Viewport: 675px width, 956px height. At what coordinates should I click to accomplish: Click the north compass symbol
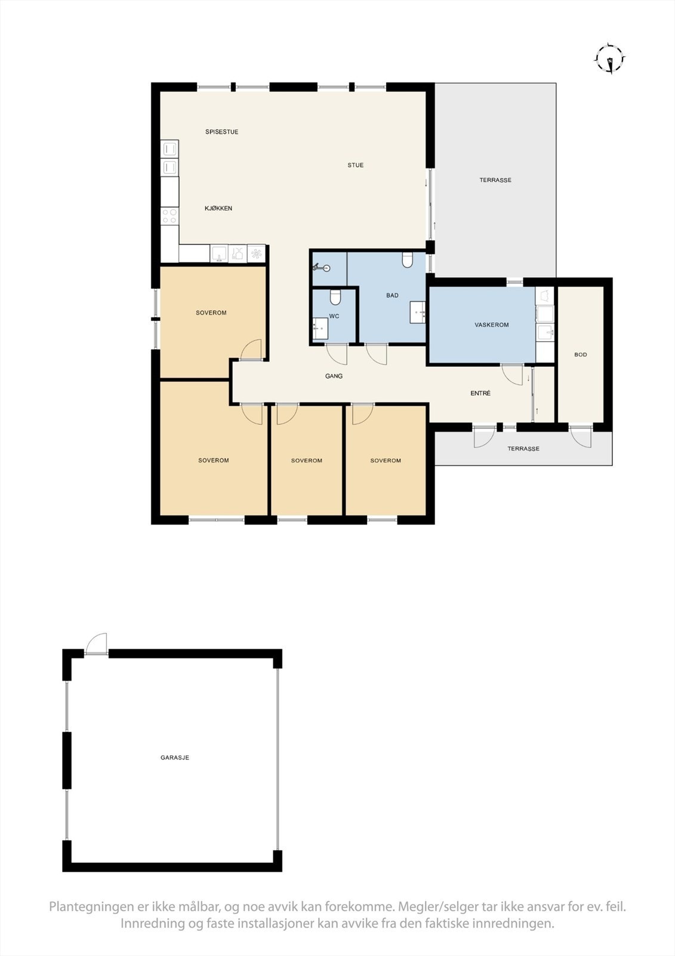click(x=610, y=59)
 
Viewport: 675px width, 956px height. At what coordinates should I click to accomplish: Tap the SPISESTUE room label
click(x=222, y=132)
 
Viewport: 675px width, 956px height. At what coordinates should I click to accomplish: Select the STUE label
click(x=356, y=166)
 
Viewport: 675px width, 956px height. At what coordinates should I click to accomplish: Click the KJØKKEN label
click(x=218, y=209)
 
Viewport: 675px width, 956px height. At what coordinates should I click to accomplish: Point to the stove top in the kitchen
click(x=169, y=216)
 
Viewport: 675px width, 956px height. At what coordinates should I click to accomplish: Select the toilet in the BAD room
click(x=408, y=259)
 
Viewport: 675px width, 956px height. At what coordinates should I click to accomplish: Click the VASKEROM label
click(x=492, y=325)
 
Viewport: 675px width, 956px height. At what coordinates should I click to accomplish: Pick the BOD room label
click(x=581, y=355)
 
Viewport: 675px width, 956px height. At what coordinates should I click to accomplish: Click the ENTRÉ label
click(x=480, y=393)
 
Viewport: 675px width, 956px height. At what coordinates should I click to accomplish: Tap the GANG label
click(x=334, y=376)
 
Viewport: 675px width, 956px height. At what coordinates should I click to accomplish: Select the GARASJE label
click(x=175, y=758)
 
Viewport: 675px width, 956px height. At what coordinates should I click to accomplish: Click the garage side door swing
click(x=97, y=644)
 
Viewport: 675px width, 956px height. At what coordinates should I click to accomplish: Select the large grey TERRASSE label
click(x=495, y=180)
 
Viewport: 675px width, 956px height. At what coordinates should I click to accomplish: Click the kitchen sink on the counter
click(x=219, y=254)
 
